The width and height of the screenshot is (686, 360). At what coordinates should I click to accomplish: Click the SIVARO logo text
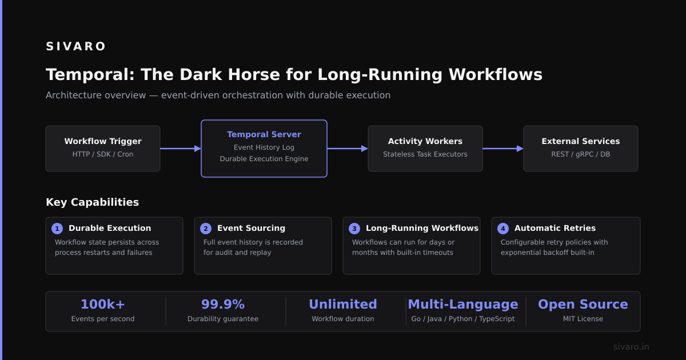click(75, 46)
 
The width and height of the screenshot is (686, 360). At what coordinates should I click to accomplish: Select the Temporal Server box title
click(264, 134)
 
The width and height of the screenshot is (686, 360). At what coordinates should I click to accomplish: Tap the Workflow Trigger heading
click(103, 141)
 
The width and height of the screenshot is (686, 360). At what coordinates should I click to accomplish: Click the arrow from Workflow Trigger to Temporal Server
click(181, 149)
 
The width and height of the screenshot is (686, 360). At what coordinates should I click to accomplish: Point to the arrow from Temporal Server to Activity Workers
click(348, 149)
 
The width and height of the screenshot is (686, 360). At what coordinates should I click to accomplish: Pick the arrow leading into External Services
click(503, 149)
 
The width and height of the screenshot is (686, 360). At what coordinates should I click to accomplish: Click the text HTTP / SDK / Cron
click(103, 154)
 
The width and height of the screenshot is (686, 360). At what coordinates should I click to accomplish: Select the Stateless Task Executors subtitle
click(425, 154)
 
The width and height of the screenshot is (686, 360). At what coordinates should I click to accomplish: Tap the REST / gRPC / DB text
click(581, 154)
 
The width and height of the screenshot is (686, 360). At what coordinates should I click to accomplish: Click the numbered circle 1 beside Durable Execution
click(57, 229)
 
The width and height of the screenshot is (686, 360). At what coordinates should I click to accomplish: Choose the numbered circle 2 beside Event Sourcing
click(206, 229)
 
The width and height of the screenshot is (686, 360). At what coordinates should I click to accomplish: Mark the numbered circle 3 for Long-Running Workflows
click(354, 229)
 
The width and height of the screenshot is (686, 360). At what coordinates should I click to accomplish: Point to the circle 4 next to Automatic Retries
click(503, 229)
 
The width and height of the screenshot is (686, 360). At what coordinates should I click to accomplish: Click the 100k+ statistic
click(103, 304)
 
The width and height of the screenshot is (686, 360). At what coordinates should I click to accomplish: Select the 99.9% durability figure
click(223, 304)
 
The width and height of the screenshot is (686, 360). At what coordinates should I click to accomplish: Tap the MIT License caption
click(583, 319)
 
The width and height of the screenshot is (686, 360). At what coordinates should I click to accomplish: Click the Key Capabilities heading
click(92, 202)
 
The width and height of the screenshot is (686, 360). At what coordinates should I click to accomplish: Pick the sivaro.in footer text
click(631, 347)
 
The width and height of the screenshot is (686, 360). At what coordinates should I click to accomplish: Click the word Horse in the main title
click(254, 75)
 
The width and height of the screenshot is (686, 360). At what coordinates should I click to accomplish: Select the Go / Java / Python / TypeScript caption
click(463, 319)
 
